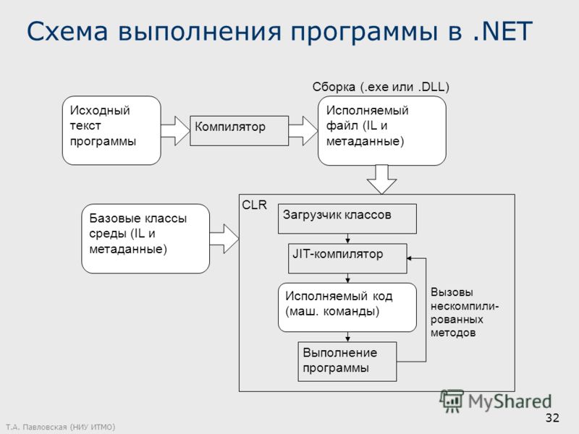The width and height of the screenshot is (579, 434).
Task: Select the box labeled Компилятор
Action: [x=239, y=131]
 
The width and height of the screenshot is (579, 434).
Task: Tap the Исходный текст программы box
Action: [x=111, y=130]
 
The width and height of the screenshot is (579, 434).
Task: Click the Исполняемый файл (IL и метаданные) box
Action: [x=382, y=131]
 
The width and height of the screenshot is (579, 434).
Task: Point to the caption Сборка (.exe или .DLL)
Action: [x=381, y=87]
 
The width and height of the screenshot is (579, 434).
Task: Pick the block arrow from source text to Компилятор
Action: [x=175, y=131]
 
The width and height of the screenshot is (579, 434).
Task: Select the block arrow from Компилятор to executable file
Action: [x=303, y=131]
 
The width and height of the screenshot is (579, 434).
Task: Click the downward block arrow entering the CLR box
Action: [x=382, y=179]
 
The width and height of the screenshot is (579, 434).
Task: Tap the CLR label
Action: [x=255, y=205]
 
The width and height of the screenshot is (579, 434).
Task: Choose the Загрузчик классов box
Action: [x=347, y=219]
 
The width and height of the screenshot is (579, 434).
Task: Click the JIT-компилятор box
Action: [x=347, y=258]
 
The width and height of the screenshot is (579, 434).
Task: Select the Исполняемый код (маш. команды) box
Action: [x=347, y=307]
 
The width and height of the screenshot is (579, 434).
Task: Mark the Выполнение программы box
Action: [x=347, y=362]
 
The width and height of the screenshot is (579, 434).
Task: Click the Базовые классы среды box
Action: [x=145, y=239]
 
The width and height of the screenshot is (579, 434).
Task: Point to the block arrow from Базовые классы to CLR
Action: [x=224, y=239]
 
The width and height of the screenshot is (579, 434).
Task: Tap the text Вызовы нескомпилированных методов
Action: [x=465, y=312]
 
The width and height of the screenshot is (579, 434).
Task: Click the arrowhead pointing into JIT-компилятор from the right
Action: [x=409, y=258]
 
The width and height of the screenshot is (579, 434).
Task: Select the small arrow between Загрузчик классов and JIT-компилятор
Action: [x=347, y=239]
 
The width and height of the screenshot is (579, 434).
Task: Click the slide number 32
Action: [x=552, y=418]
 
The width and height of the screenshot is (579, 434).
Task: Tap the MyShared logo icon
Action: [x=451, y=401]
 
